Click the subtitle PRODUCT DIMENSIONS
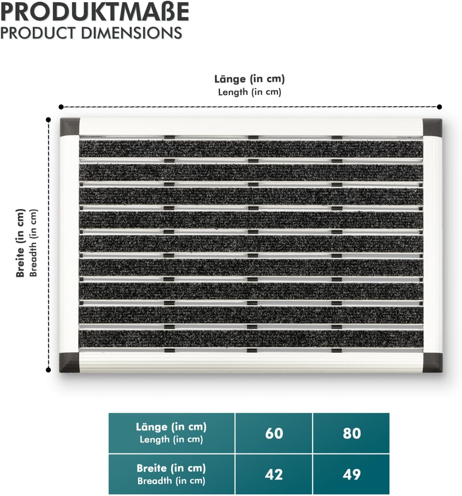91,33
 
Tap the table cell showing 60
274,433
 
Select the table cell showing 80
351,433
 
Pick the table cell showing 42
274,474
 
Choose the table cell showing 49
351,474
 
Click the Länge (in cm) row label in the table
171,432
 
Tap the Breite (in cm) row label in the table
171,474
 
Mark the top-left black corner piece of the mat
70,127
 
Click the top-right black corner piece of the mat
432,127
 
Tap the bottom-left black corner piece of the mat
70,362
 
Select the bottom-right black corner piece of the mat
432,362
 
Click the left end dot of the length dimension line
61,107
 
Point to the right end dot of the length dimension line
440,107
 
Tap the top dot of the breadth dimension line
49,120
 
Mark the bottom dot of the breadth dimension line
49,370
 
